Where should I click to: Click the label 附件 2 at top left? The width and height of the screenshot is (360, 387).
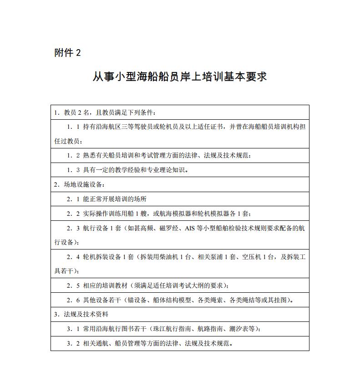click(67, 53)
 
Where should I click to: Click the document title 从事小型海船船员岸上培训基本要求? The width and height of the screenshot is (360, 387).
click(180, 76)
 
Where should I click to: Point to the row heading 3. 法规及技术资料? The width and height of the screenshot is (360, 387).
click(81, 314)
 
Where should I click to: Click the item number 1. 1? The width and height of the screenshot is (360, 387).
click(73, 127)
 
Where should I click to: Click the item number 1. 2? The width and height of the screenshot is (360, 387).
click(73, 155)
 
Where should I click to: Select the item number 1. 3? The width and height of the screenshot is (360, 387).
click(73, 170)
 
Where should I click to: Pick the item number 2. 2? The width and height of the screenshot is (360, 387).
click(73, 214)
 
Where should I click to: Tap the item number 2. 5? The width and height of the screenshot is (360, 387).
click(73, 285)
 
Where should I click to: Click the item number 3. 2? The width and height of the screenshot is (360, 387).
click(73, 343)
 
